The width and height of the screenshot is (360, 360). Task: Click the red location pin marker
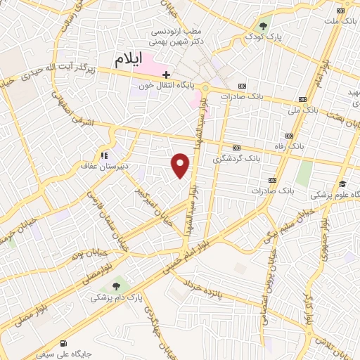tap(181, 166)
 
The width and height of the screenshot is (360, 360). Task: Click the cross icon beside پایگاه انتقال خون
tap(166, 74)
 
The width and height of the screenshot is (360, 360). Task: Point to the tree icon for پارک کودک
tap(263, 26)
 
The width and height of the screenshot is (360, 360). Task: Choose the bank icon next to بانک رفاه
tap(288, 136)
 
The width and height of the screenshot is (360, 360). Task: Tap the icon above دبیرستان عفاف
tap(103, 155)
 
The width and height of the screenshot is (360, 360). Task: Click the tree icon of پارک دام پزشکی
tap(116, 286)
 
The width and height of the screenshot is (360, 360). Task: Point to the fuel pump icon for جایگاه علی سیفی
tap(65, 343)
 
